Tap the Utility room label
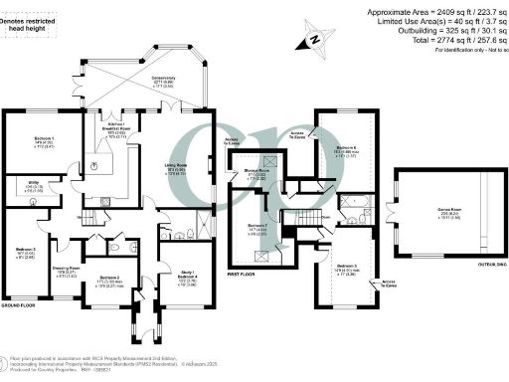(x=17, y=185)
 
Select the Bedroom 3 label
(x=26, y=249)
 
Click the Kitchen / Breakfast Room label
(x=112, y=128)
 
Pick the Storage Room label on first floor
(x=255, y=172)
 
